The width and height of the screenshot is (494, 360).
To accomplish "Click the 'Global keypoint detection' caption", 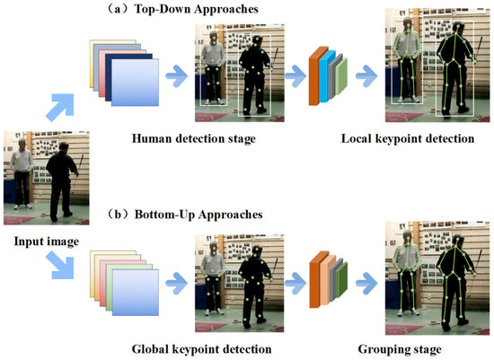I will [x=200, y=347].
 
